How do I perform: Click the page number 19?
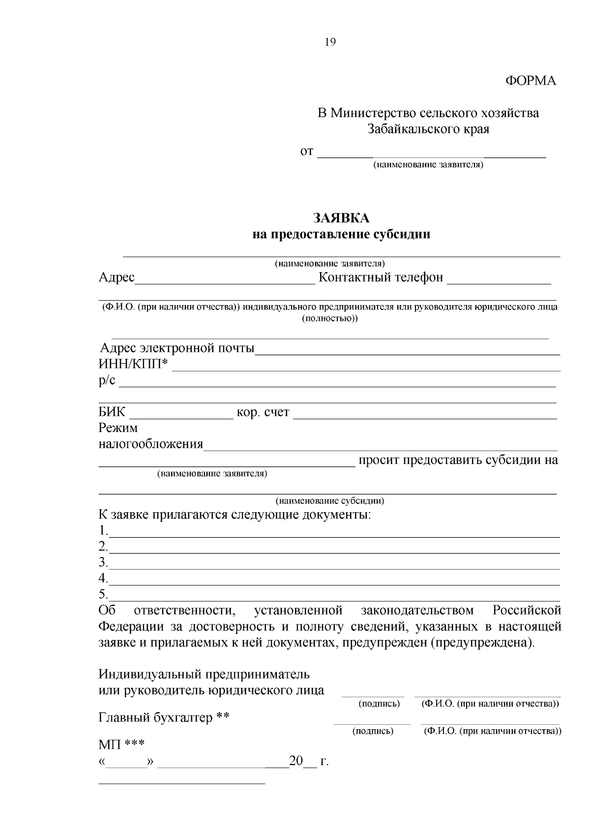[330, 42]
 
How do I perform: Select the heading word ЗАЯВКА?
[341, 218]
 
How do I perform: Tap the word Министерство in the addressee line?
[373, 113]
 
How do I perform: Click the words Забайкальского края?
[428, 129]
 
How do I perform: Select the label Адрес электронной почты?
[177, 348]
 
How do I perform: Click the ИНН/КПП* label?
[133, 365]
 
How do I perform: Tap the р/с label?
[107, 380]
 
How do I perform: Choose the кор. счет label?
[263, 412]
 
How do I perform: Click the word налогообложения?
[151, 444]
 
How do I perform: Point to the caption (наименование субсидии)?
[329, 501]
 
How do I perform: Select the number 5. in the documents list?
[103, 594]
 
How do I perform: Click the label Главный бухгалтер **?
[164, 718]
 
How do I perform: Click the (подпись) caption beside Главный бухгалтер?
[373, 731]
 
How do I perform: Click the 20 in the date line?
[296, 761]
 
